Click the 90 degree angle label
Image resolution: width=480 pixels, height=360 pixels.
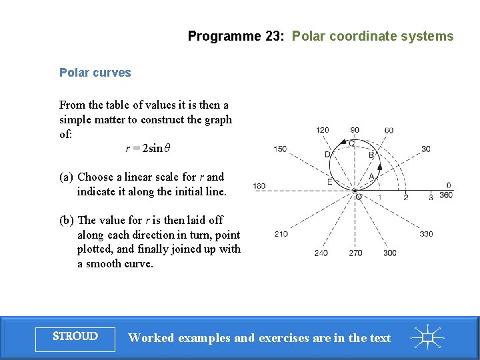355,130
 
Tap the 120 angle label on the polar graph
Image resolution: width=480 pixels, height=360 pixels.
323,130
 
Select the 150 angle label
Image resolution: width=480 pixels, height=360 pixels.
280,149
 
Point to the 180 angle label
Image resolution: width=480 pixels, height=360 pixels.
259,186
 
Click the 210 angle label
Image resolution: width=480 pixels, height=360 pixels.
281,233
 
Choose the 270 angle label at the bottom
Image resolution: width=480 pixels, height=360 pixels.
355,253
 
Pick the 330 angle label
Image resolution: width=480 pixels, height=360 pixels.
426,233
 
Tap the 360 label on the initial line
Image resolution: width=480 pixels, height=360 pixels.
445,195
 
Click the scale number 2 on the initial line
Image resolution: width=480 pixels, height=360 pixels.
405,197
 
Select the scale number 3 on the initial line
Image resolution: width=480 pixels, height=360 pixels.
431,197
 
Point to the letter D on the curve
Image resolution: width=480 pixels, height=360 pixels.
327,155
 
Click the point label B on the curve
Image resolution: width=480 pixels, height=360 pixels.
371,155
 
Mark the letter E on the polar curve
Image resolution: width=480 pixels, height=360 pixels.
330,181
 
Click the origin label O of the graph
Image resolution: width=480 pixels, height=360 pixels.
359,197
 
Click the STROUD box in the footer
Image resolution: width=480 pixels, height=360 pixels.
75,337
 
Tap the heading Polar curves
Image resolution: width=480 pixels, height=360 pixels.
95,73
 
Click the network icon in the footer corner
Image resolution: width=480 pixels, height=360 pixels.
429,337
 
